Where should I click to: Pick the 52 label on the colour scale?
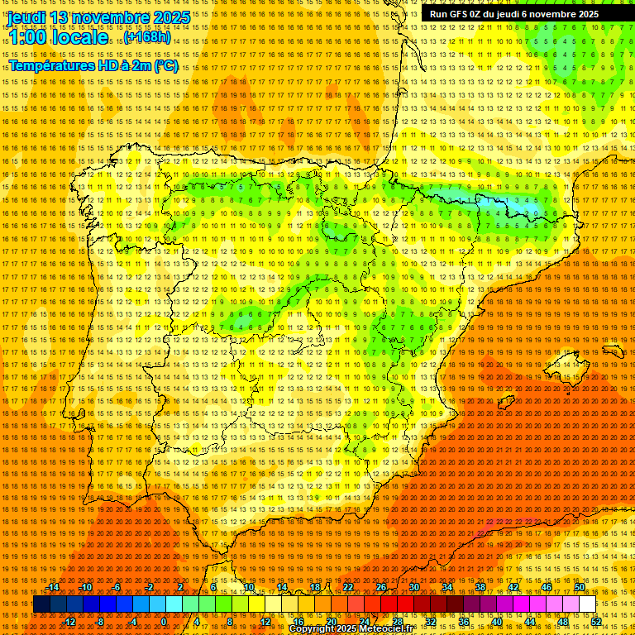pos(596,621)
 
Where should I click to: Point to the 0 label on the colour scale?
pos(165,621)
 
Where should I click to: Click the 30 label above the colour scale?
pos(413,587)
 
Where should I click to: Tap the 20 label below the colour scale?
pos(331,621)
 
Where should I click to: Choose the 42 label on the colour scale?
pos(513,587)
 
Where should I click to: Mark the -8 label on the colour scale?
pos(101,621)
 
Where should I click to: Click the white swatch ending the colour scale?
pos(587,604)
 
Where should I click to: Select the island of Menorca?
pos(613,351)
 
